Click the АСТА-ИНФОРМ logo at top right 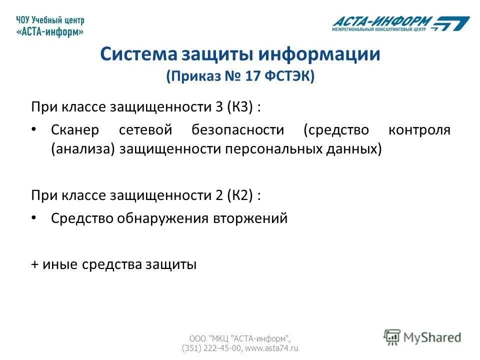(400, 23)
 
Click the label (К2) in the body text (242, 195)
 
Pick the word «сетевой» (145, 130)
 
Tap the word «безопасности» (237, 130)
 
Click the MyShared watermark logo (422, 337)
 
